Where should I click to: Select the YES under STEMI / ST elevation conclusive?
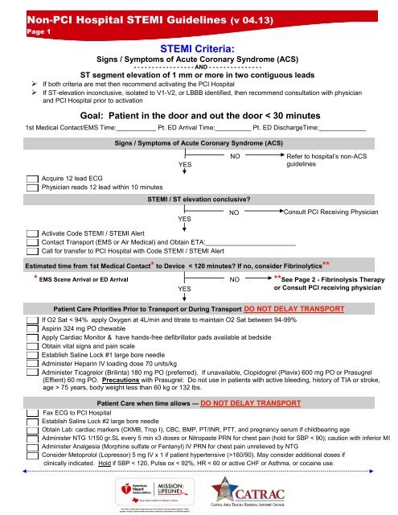tap(184, 217)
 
